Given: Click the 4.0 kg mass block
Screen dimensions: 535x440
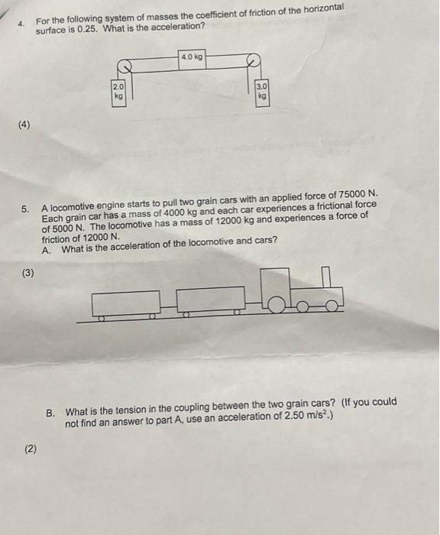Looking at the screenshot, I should click(192, 57).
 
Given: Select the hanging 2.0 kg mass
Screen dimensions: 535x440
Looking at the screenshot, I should click(118, 92).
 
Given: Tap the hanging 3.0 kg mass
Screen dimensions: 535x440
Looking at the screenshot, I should click(262, 92).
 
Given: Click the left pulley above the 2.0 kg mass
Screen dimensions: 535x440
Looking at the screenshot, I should click(122, 66).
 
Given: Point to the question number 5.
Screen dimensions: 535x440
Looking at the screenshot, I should click(25, 208).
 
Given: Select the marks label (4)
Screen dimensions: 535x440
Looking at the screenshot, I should click(26, 124).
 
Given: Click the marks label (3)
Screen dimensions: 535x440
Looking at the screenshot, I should click(28, 272).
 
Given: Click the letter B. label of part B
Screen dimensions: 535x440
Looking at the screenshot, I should click(50, 411).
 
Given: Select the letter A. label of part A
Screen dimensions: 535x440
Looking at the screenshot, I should click(47, 248).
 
